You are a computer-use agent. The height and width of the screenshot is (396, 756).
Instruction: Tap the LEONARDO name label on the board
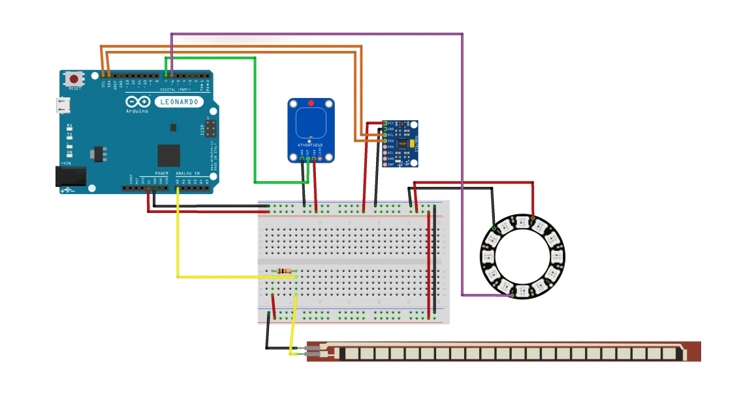[178, 102]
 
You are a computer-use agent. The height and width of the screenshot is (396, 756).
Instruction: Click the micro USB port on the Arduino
[63, 105]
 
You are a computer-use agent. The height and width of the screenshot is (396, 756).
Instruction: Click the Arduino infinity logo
[138, 102]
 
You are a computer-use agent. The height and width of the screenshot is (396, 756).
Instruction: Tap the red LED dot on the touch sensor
[311, 104]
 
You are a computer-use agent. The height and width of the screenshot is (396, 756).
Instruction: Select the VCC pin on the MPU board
[385, 123]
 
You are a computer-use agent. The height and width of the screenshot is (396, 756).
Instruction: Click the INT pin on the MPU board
[385, 165]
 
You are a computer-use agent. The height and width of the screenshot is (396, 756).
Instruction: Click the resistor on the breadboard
[285, 271]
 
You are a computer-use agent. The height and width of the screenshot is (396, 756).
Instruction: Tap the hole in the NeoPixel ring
[522, 257]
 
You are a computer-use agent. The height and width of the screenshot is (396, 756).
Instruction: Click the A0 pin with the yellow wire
[178, 189]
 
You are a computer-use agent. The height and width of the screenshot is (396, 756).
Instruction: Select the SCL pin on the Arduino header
[103, 76]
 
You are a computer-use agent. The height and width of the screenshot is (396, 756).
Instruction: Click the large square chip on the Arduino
[168, 155]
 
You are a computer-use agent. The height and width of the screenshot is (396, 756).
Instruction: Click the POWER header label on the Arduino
[161, 173]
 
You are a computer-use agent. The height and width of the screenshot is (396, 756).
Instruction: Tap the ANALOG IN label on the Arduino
[188, 173]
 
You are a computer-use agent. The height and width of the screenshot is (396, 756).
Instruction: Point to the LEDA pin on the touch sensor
[321, 156]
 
